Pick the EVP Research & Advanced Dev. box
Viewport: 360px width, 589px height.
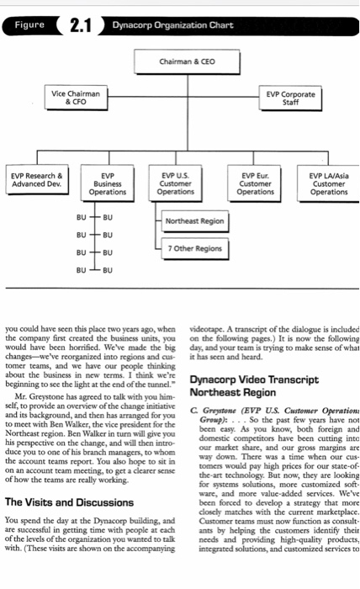(x=37, y=181)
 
